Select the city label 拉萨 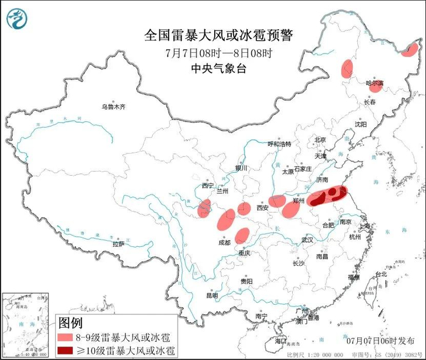[x=118, y=243]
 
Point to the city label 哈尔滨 [x=374, y=83]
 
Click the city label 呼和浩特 [x=279, y=144]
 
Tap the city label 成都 [x=223, y=242]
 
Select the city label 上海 [x=366, y=226]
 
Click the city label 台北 [x=381, y=274]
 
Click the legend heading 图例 [x=70, y=322]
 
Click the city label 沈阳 [x=361, y=124]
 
